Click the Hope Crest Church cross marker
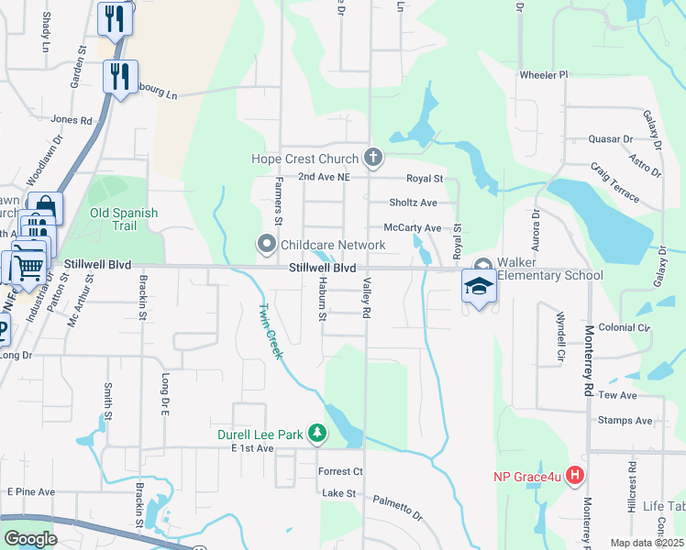point(372,159)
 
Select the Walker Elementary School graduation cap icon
point(478,286)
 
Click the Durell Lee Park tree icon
point(316,433)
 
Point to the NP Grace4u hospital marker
point(575,475)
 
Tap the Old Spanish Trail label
point(124,219)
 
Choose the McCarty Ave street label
point(413,227)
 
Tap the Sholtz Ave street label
point(413,203)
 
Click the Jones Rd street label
point(72,119)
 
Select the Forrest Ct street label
point(340,471)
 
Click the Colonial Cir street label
point(624,327)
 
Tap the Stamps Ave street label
point(625,421)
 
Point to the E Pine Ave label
point(31,492)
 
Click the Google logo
point(30,539)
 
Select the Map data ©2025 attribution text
point(647,543)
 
